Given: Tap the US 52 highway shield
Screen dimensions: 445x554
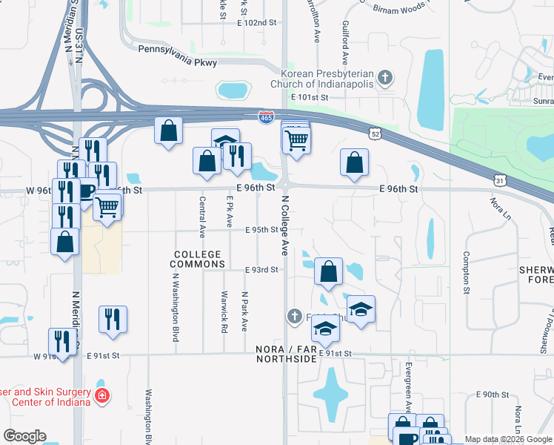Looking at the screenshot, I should pyautogui.click(x=376, y=131).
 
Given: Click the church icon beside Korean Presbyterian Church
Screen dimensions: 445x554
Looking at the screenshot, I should pyautogui.click(x=384, y=77).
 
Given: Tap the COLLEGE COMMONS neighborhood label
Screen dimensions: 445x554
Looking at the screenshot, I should pyautogui.click(x=198, y=259).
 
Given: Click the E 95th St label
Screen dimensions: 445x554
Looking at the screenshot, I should pyautogui.click(x=262, y=230).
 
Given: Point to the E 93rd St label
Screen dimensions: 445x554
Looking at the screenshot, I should pyautogui.click(x=262, y=270).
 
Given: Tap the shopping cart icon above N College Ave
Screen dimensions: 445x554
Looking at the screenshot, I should pyautogui.click(x=296, y=139).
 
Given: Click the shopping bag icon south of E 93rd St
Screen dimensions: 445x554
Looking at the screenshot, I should pyautogui.click(x=328, y=271).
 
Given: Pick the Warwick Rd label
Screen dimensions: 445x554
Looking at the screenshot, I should pyautogui.click(x=224, y=315).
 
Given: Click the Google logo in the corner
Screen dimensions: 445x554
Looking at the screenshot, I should pyautogui.click(x=24, y=436).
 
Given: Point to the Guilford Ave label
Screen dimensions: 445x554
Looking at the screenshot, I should pyautogui.click(x=345, y=43).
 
